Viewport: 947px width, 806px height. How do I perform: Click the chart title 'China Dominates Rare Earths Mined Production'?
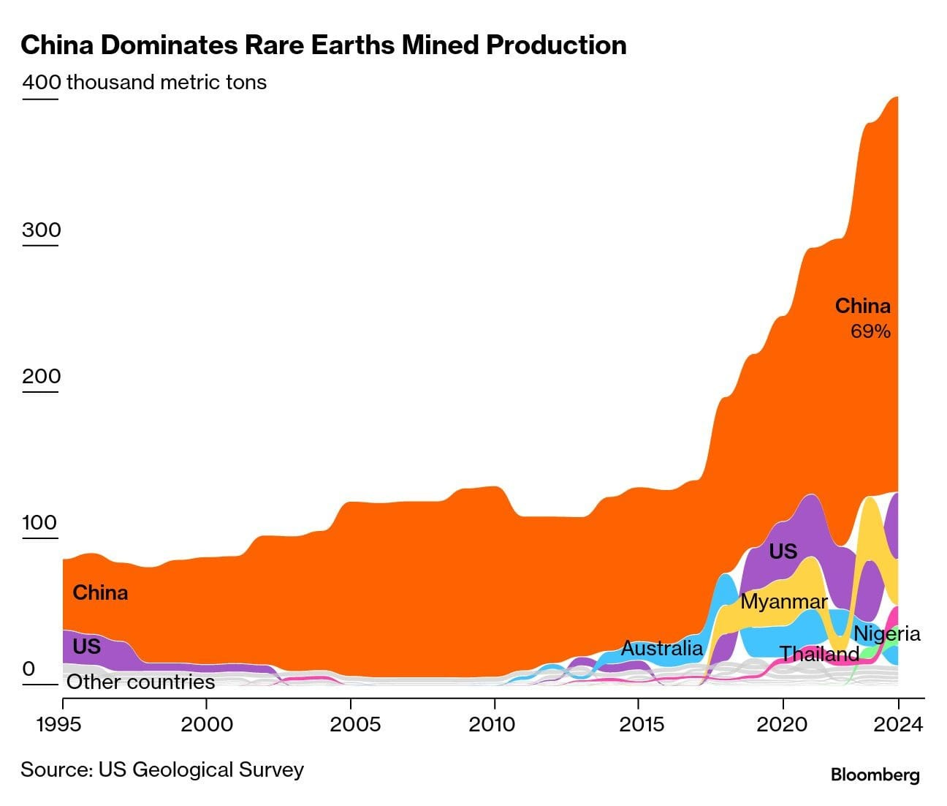[323, 45]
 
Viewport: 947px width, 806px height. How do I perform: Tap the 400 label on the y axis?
[42, 82]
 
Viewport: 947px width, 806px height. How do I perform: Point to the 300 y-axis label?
[42, 230]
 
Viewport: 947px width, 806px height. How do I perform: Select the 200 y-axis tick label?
[42, 376]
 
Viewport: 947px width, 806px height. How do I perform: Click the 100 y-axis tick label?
[40, 522]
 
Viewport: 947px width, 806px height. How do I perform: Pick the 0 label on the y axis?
[28, 668]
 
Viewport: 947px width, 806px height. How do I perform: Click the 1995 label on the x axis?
[62, 724]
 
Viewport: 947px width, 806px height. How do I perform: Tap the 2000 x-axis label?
[207, 724]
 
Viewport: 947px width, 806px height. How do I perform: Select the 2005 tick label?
[351, 724]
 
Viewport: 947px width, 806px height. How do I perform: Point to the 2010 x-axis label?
[495, 724]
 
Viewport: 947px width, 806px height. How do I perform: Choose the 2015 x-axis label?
[639, 724]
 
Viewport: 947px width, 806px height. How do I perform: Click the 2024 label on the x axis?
[898, 724]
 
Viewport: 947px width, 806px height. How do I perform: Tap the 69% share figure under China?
[870, 331]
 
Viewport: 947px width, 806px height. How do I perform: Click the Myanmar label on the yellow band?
[783, 602]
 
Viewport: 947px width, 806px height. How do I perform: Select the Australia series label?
[661, 648]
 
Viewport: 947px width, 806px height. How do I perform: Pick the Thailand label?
[818, 654]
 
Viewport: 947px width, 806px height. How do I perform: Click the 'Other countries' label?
[141, 682]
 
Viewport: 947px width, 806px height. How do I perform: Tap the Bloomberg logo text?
[875, 775]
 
